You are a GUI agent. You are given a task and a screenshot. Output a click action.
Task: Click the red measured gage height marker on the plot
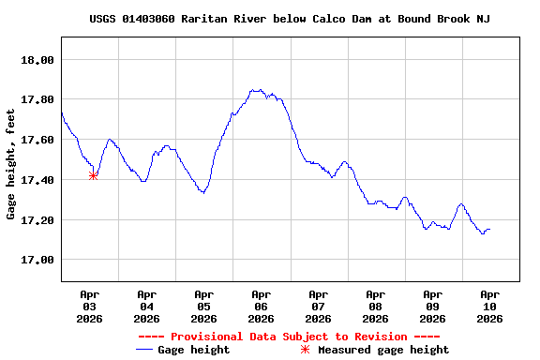point(93,175)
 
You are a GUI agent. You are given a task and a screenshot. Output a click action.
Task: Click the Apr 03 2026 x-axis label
point(90,306)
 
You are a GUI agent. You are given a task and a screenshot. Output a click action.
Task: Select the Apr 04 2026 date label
point(147,306)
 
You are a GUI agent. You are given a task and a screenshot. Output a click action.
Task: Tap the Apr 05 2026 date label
point(204,306)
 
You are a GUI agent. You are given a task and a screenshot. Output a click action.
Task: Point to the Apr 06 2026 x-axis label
point(262,306)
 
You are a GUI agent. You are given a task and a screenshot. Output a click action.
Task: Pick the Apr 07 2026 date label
point(319,306)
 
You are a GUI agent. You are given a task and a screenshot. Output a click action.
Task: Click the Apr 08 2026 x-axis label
point(376,306)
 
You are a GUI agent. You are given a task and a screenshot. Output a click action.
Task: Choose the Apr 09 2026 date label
point(433,306)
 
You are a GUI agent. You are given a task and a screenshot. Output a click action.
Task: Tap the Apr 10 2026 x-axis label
point(489,306)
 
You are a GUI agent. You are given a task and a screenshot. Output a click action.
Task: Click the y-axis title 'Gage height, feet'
point(11,164)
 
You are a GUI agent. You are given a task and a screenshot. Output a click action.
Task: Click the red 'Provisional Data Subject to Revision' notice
point(289,337)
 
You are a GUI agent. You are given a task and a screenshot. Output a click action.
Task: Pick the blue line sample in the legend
point(144,350)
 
